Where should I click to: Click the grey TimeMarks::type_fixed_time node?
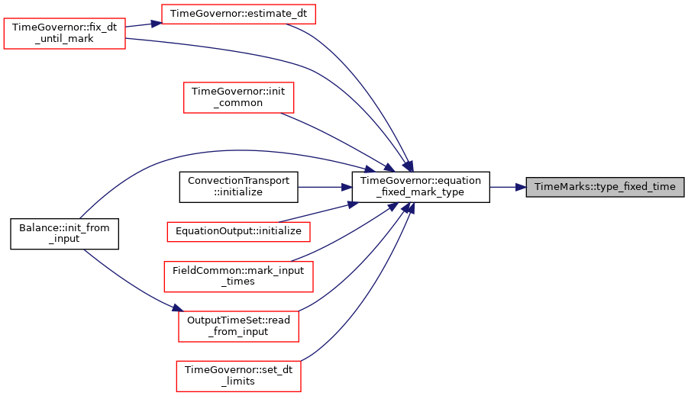click(604, 187)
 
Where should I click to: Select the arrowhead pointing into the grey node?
click(521, 187)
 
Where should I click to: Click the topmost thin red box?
click(238, 14)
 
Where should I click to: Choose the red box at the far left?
click(64, 34)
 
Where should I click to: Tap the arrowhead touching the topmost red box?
click(155, 24)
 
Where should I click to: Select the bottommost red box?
click(238, 376)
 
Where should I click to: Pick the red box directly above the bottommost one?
click(238, 327)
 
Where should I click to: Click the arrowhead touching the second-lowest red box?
click(176, 309)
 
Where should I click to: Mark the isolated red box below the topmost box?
click(238, 98)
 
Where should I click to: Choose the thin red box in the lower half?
click(238, 232)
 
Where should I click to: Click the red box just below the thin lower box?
click(238, 276)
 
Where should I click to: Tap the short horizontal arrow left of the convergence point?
click(325, 187)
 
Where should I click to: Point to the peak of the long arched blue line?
click(237, 150)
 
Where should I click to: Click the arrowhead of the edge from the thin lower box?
click(353, 204)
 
